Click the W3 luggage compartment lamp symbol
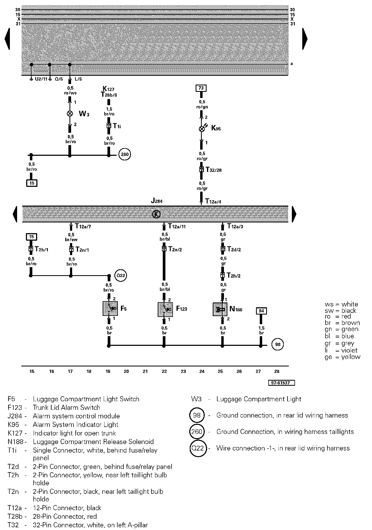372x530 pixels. [70, 113]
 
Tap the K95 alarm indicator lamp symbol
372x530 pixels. [202, 129]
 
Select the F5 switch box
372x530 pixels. [110, 308]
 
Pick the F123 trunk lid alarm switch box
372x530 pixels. [165, 309]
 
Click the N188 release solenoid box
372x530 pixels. [220, 309]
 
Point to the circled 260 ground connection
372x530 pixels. [125, 154]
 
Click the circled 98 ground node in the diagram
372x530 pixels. [278, 344]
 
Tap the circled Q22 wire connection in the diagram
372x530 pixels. [121, 275]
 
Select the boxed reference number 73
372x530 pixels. [201, 88]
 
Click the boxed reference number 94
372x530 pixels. [261, 311]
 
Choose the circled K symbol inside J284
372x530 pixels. [156, 214]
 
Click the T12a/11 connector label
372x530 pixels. [177, 226]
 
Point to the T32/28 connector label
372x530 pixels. [214, 170]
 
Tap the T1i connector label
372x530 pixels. [117, 126]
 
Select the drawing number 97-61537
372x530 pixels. [281, 383]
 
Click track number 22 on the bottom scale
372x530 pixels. [164, 371]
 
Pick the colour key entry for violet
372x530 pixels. [342, 350]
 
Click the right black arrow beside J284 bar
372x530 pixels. [294, 214]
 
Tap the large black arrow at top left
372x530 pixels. [7, 39]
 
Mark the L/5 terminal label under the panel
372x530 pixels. [78, 79]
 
